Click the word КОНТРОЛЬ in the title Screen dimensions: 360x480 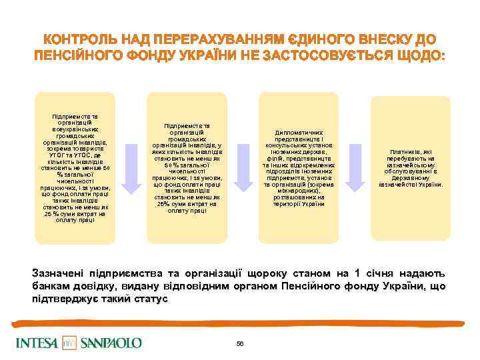tap(74, 39)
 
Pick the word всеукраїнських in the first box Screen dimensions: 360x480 tap(74, 128)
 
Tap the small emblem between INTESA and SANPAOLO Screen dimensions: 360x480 tap(69, 343)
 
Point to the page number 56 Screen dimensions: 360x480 tap(240, 343)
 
